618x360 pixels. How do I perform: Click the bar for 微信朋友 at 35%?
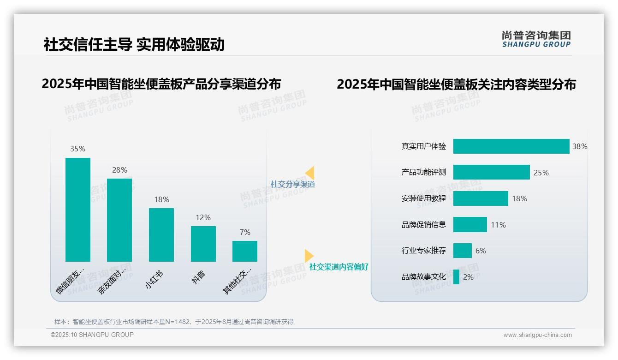(x=78, y=210)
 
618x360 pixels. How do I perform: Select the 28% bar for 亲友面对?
(x=119, y=220)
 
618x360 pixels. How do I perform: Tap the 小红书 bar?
(x=161, y=235)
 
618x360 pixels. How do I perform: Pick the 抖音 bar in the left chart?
(x=203, y=244)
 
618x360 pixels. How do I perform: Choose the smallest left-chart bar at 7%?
(x=245, y=251)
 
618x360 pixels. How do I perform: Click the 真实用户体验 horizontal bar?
(x=511, y=146)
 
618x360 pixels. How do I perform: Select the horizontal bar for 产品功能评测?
(x=491, y=172)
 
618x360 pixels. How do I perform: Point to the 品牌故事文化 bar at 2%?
(x=456, y=277)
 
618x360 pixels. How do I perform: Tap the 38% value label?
(x=580, y=146)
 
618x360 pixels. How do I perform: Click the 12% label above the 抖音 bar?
(x=203, y=217)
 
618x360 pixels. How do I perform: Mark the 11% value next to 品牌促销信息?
(x=498, y=225)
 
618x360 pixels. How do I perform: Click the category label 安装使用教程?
(x=424, y=198)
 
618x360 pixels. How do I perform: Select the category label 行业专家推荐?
(x=424, y=251)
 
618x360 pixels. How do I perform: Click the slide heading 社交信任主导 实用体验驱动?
(x=134, y=45)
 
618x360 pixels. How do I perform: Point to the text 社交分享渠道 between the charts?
(x=293, y=184)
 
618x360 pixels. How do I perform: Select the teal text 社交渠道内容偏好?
(x=339, y=267)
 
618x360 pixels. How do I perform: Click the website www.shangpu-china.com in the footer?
(x=537, y=335)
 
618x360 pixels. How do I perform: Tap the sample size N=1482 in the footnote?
(x=178, y=322)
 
